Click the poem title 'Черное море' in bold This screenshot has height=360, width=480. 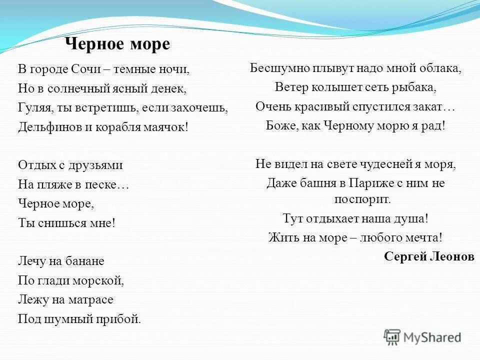117,44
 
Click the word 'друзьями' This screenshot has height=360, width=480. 98,164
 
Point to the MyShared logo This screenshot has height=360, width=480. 422,337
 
